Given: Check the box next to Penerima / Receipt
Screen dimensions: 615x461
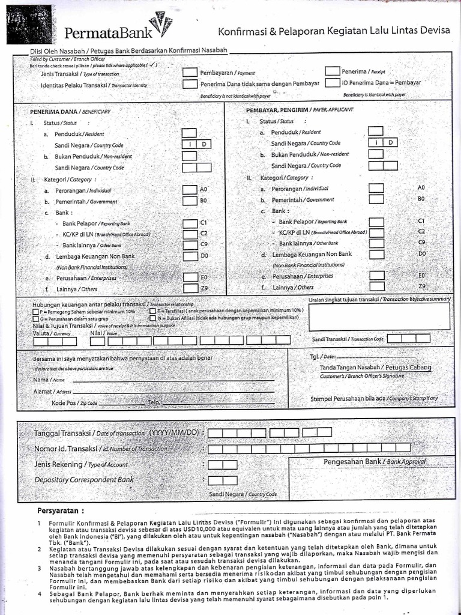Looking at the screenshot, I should [x=332, y=71].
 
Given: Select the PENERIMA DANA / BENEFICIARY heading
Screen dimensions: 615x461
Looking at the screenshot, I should [x=71, y=112].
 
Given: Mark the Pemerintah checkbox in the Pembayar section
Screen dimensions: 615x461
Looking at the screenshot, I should [x=376, y=199].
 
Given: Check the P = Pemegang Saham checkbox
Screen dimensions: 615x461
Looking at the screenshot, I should [x=36, y=312].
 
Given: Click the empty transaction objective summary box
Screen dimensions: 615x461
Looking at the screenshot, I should [x=379, y=316].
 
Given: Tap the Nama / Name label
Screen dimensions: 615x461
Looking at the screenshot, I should [x=49, y=380].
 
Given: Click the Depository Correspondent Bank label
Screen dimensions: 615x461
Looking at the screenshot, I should [x=84, y=480].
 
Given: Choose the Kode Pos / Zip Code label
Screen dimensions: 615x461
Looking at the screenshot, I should [x=74, y=403].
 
